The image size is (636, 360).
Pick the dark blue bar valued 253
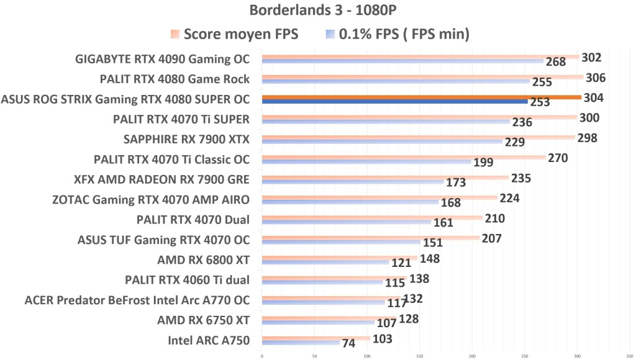point(394,102)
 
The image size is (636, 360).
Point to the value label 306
point(596,78)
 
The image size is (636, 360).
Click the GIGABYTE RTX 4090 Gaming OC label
point(162,60)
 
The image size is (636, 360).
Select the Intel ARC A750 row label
point(209,340)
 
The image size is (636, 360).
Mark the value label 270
point(557,158)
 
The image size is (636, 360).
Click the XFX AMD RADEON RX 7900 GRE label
point(161,180)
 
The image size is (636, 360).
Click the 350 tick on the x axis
point(630,356)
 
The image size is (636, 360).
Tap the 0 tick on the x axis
point(262,356)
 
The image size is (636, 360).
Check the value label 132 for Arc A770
point(414,299)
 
